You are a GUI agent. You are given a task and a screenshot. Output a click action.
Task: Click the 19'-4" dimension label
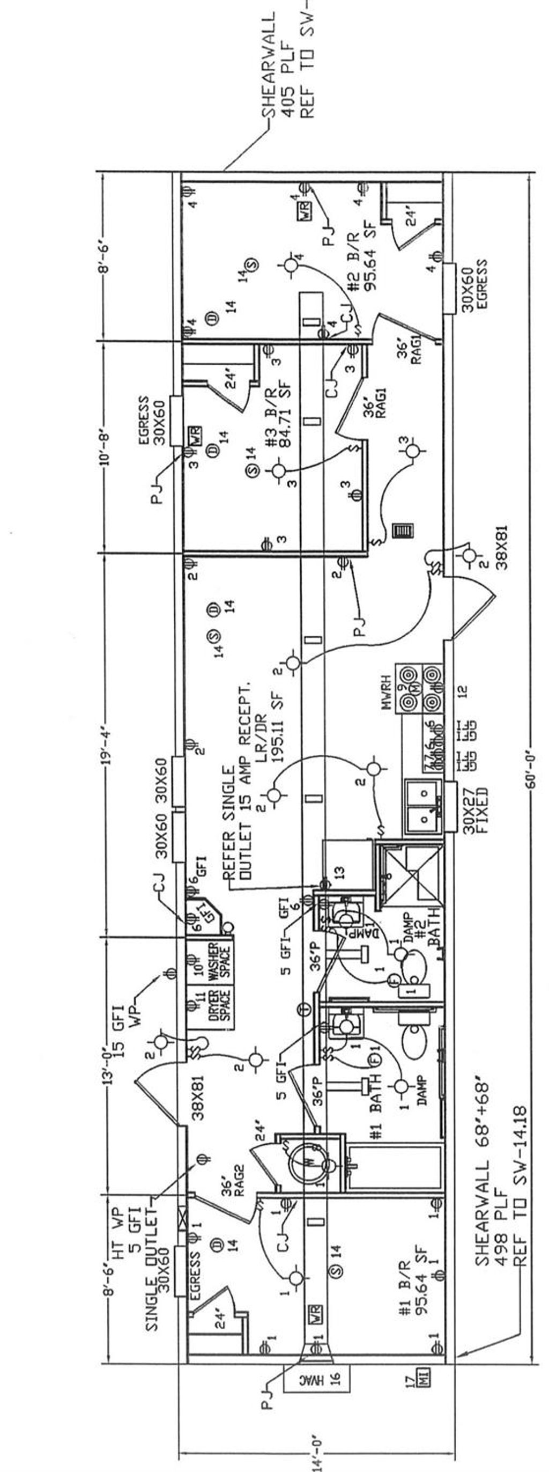(x=105, y=746)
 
